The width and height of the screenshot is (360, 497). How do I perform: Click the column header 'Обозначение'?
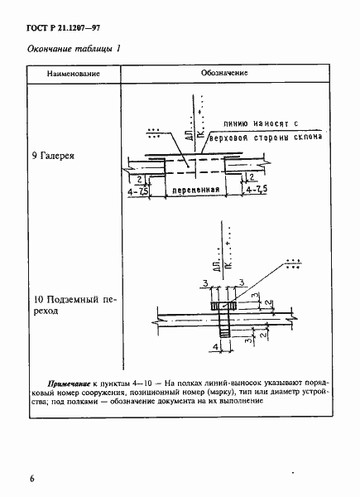click(225, 74)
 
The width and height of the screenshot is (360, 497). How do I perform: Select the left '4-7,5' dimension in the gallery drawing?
click(141, 190)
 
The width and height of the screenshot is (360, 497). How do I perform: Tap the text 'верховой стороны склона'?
click(258, 138)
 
